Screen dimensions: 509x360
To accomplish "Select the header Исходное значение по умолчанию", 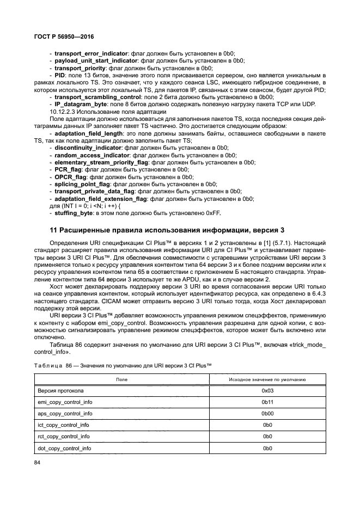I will click(267, 379).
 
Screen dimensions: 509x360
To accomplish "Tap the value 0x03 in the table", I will click(267, 391).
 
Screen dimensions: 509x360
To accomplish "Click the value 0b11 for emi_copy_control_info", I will click(267, 402).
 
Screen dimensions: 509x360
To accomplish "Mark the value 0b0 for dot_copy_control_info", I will click(267, 448).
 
